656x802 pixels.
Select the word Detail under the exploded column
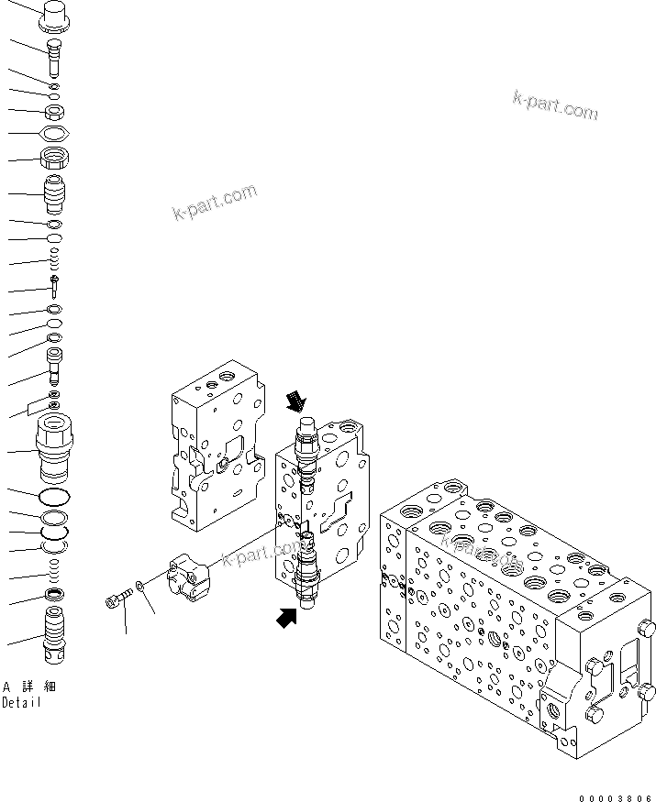[21, 703]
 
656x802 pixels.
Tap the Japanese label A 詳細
[22, 687]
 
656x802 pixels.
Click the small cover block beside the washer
[189, 577]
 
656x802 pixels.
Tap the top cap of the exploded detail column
[57, 14]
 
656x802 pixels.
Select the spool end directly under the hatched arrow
[306, 430]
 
